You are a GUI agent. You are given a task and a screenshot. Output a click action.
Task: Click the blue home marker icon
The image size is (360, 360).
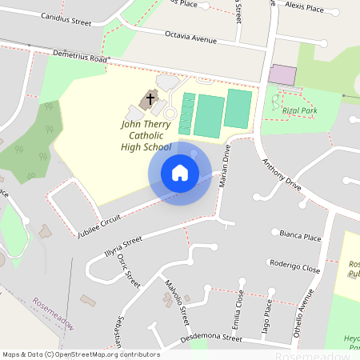click(180, 172)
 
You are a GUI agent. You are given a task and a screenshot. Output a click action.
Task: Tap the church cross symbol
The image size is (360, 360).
click(148, 101)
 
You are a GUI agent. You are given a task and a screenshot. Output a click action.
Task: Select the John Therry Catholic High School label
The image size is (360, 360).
click(146, 135)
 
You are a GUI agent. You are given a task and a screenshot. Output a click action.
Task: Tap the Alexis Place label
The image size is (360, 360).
click(304, 8)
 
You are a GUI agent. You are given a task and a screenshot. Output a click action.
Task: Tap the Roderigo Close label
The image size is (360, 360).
click(294, 267)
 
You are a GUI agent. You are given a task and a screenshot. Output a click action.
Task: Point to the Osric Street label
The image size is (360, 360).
click(128, 271)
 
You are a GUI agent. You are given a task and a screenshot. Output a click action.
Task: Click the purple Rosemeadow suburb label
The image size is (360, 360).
click(53, 314)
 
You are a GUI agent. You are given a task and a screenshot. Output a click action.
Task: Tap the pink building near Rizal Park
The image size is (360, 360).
click(282, 75)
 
